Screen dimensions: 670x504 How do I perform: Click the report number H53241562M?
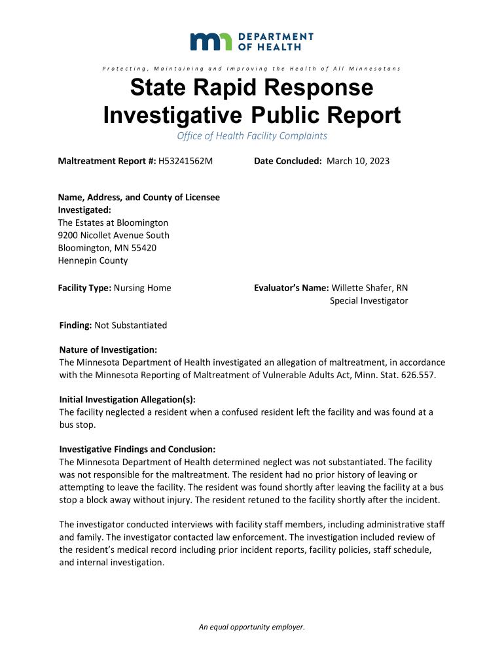click(186, 161)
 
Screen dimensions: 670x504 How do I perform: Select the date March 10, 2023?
click(358, 161)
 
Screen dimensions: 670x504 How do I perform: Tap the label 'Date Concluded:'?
click(287, 161)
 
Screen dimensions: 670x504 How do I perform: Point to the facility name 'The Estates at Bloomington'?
click(113, 222)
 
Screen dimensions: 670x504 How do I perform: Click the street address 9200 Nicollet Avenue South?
click(113, 235)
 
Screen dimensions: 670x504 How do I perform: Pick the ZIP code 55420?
click(143, 248)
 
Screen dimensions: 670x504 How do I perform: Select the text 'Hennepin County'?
click(92, 260)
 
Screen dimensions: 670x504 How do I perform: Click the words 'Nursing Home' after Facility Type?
click(142, 288)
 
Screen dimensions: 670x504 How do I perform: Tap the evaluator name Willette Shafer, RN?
click(370, 288)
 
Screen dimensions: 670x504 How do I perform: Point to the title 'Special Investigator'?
click(369, 301)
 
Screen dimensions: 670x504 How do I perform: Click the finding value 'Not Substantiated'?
click(131, 325)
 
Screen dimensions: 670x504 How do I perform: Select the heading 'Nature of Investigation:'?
click(108, 350)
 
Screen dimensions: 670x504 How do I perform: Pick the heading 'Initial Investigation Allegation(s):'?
click(127, 400)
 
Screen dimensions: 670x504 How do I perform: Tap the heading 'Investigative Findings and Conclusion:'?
click(137, 450)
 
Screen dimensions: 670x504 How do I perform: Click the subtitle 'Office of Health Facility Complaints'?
click(252, 136)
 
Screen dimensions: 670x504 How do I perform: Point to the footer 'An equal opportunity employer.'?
click(252, 627)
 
